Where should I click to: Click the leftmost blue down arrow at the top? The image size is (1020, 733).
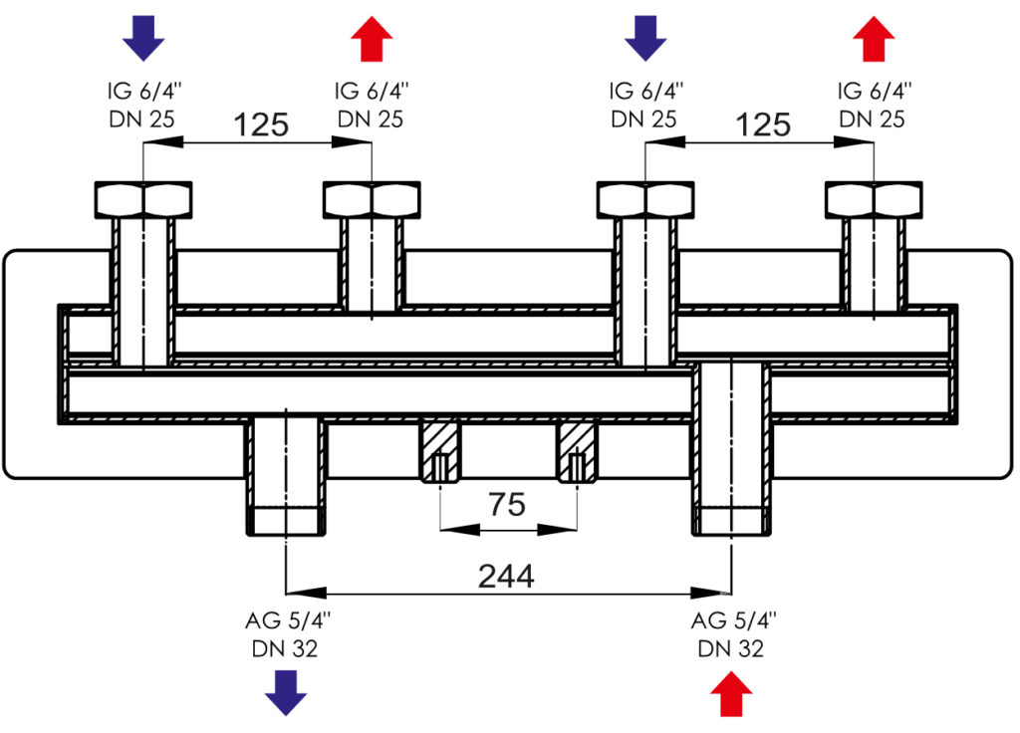click(x=143, y=39)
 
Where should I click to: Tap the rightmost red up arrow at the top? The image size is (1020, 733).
click(x=874, y=39)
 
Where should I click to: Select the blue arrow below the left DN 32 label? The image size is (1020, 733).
click(x=286, y=693)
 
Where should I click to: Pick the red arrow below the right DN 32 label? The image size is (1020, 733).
click(x=731, y=694)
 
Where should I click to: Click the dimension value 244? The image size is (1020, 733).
click(x=506, y=577)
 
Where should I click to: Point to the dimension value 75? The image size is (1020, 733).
click(x=507, y=504)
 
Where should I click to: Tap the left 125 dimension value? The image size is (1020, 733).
click(x=260, y=124)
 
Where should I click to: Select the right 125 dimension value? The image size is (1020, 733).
click(x=762, y=124)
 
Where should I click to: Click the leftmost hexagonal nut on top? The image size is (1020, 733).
click(x=143, y=199)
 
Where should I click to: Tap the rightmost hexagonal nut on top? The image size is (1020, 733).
click(x=874, y=199)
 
